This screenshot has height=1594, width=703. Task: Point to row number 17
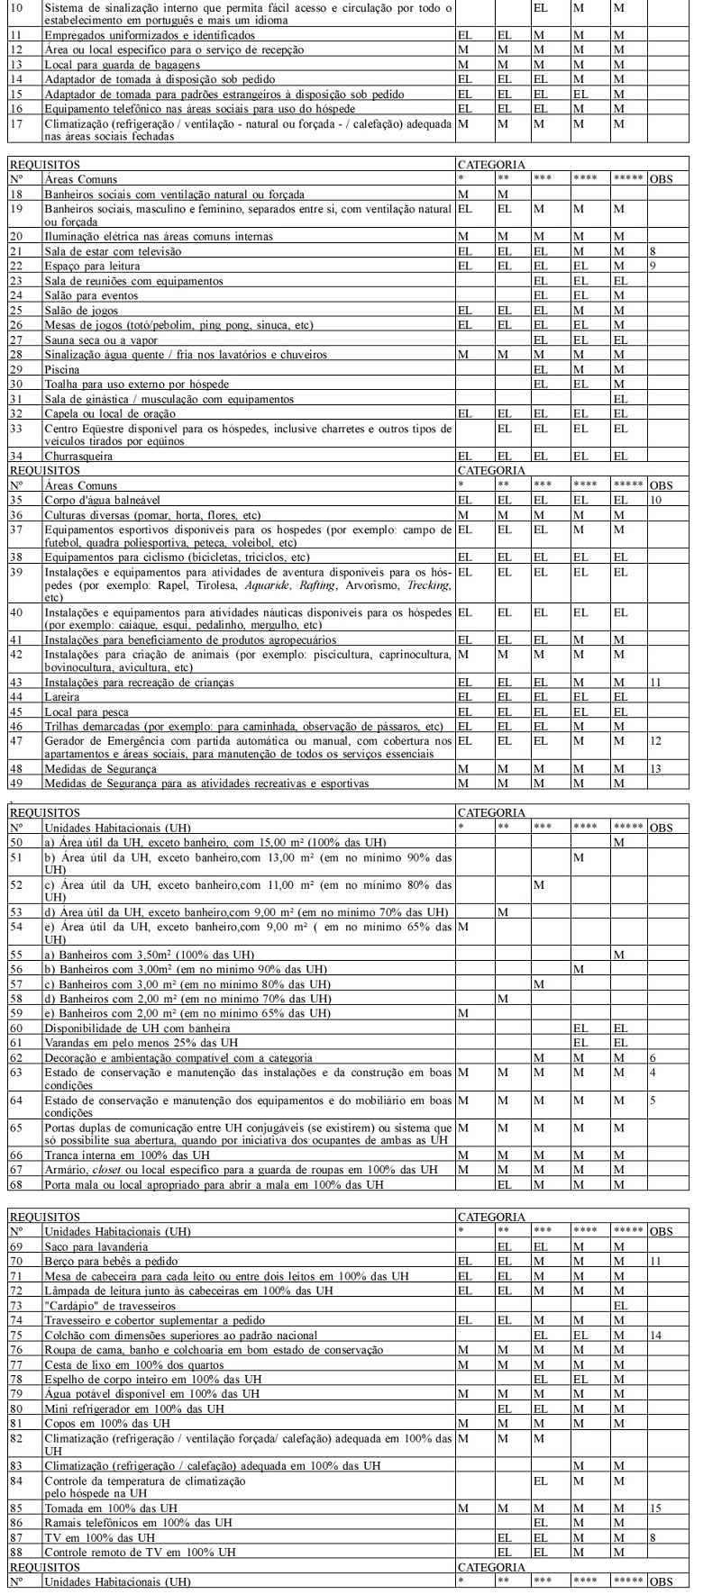[x=16, y=122]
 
